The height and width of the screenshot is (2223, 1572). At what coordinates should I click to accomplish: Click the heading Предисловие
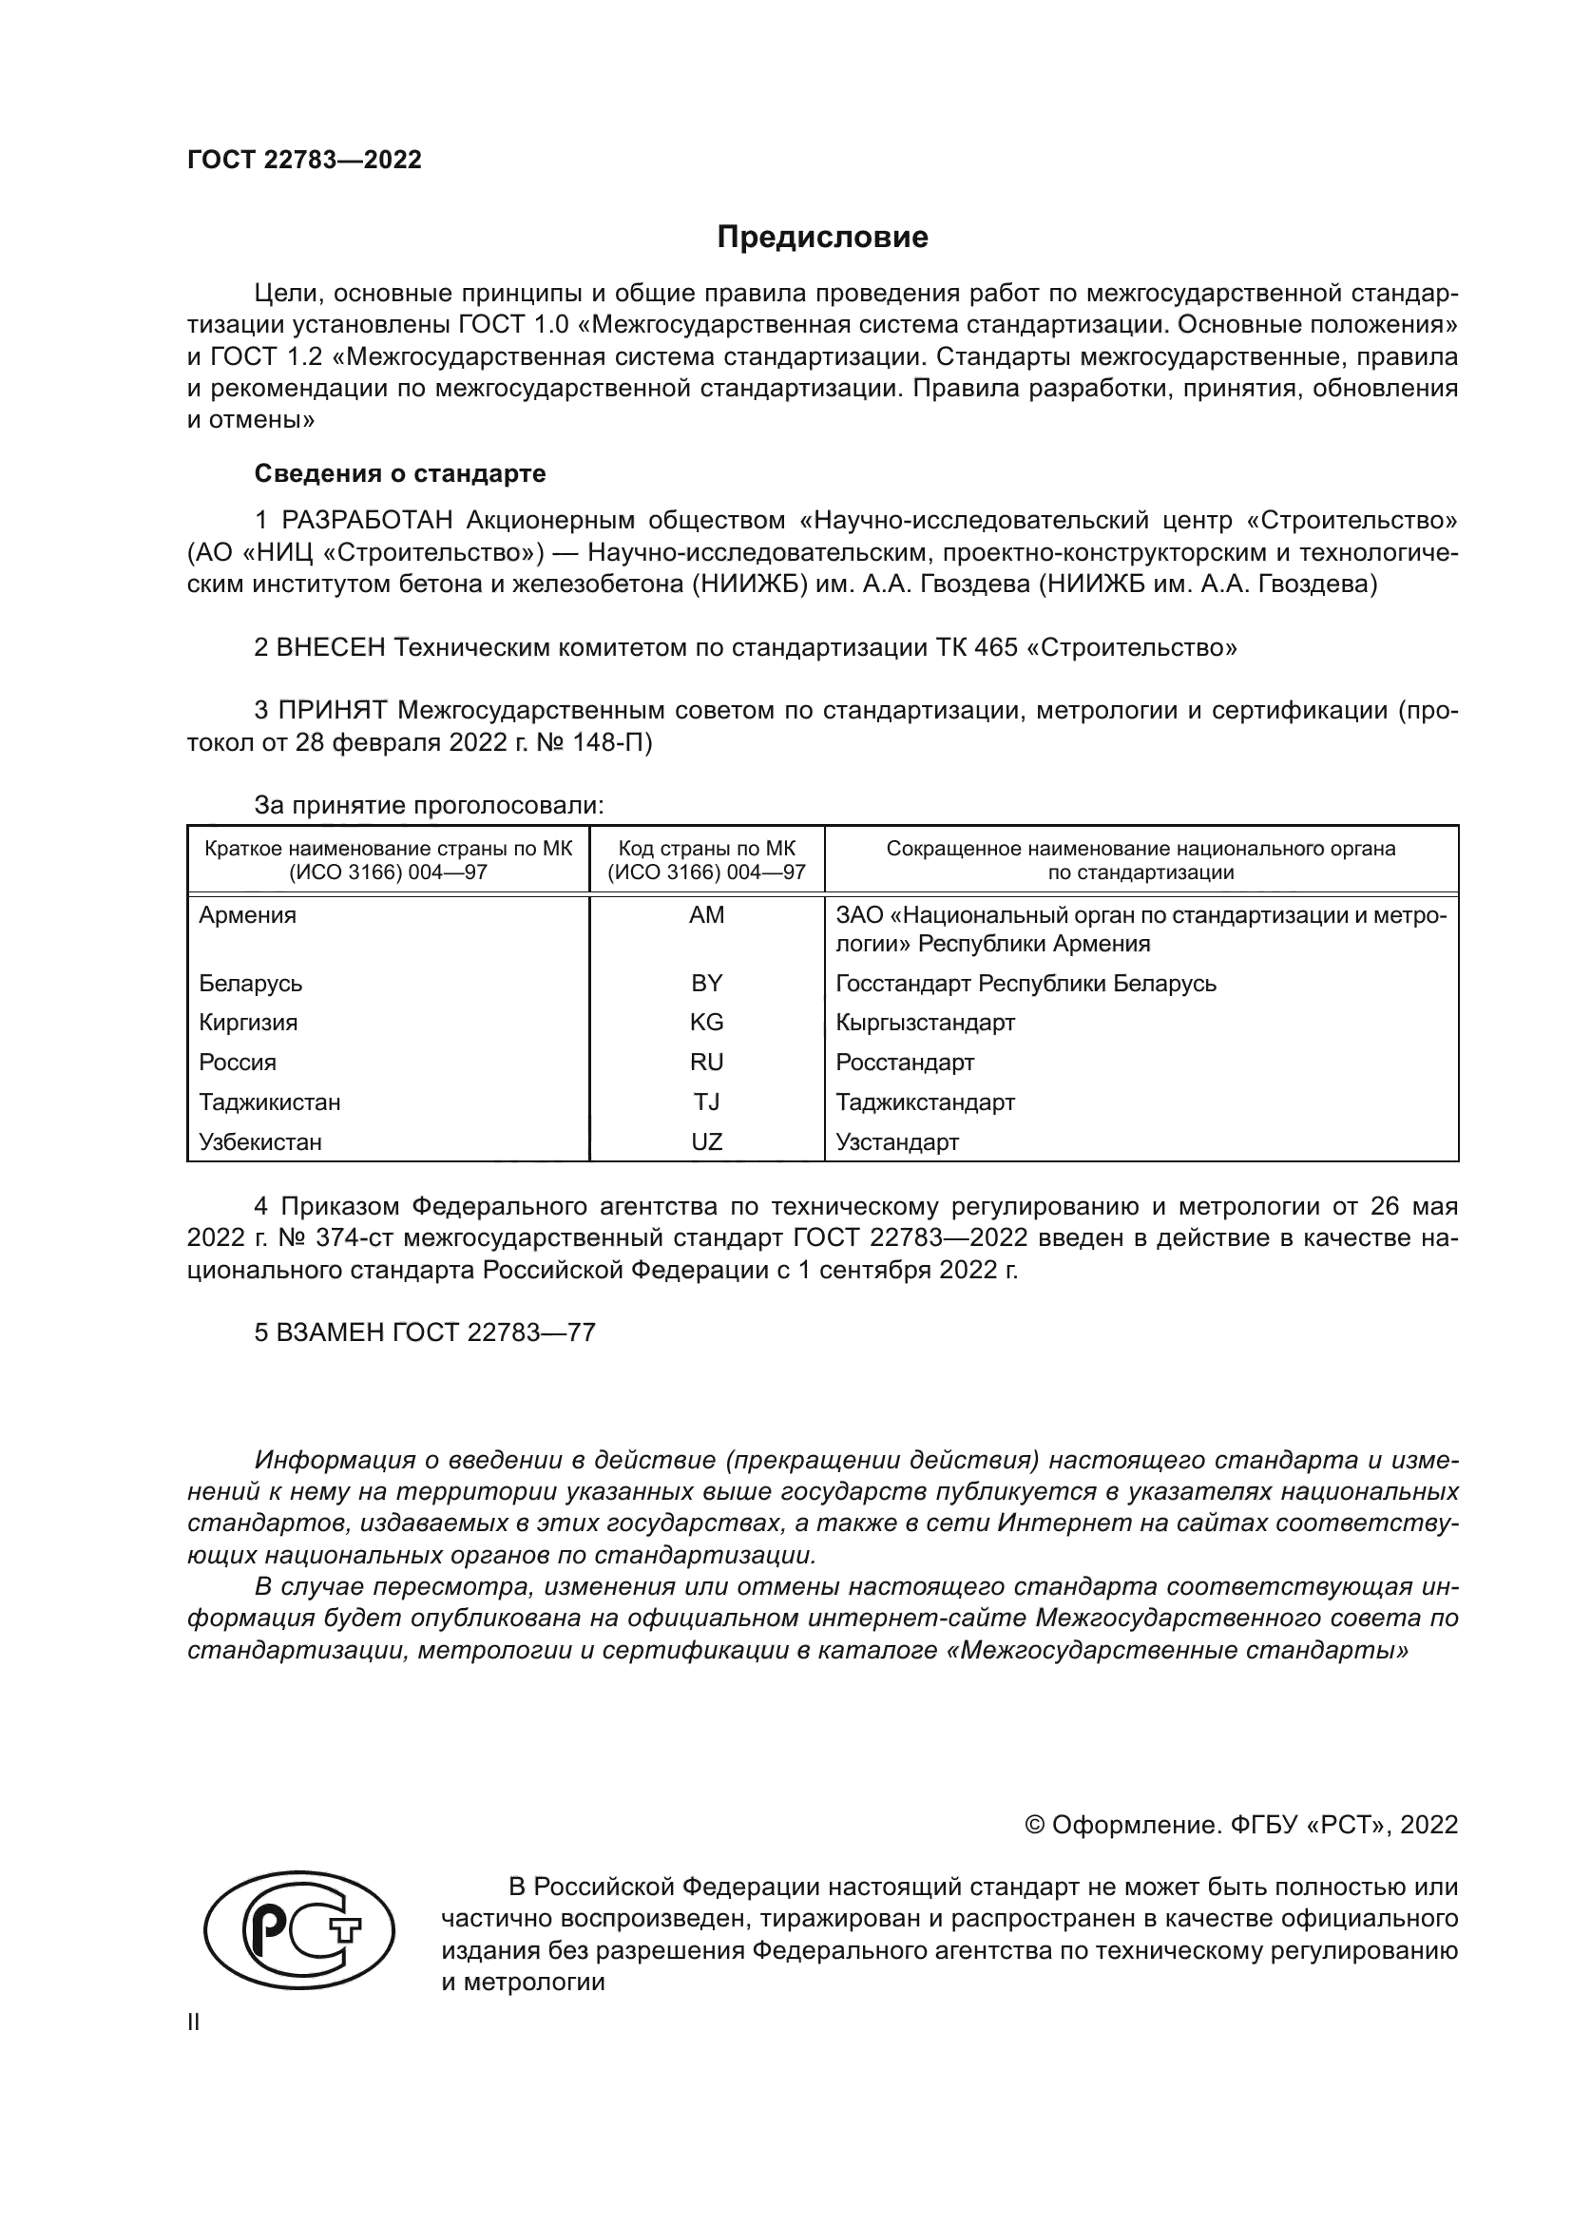coord(822,238)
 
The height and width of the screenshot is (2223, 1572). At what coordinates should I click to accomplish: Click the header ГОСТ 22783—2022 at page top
coord(304,160)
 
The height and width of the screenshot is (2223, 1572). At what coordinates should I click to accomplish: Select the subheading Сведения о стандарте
coord(400,473)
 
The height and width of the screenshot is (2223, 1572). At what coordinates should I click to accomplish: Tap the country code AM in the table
coord(706,915)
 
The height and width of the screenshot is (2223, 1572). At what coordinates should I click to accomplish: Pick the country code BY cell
coord(706,983)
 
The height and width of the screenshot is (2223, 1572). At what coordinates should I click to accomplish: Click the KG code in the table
coord(706,1023)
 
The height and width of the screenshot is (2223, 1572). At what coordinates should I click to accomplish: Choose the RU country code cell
coord(706,1063)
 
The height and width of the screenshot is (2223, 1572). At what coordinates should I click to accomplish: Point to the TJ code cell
coord(706,1102)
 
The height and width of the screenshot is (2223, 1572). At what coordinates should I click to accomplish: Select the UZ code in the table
coord(706,1141)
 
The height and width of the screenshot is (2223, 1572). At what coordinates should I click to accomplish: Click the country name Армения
coord(248,915)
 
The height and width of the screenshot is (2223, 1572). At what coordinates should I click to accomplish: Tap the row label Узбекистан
coord(260,1141)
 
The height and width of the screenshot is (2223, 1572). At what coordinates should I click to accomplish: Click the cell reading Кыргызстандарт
coord(925,1023)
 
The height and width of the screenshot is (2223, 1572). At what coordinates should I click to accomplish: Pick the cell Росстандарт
coord(904,1063)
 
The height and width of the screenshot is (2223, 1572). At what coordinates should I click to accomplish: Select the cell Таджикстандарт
coord(925,1102)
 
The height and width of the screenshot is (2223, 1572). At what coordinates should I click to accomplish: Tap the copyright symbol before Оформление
coord(1034,1825)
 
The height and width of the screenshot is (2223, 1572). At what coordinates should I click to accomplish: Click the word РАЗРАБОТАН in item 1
coord(367,521)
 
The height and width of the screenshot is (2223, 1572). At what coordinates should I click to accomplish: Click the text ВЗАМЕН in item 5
coord(330,1332)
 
